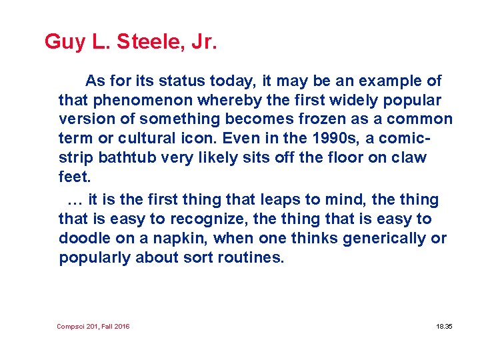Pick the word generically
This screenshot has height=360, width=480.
[387, 238]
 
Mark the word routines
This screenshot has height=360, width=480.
[251, 257]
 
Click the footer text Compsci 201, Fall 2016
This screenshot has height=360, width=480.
[93, 326]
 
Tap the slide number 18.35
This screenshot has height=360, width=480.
[444, 326]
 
